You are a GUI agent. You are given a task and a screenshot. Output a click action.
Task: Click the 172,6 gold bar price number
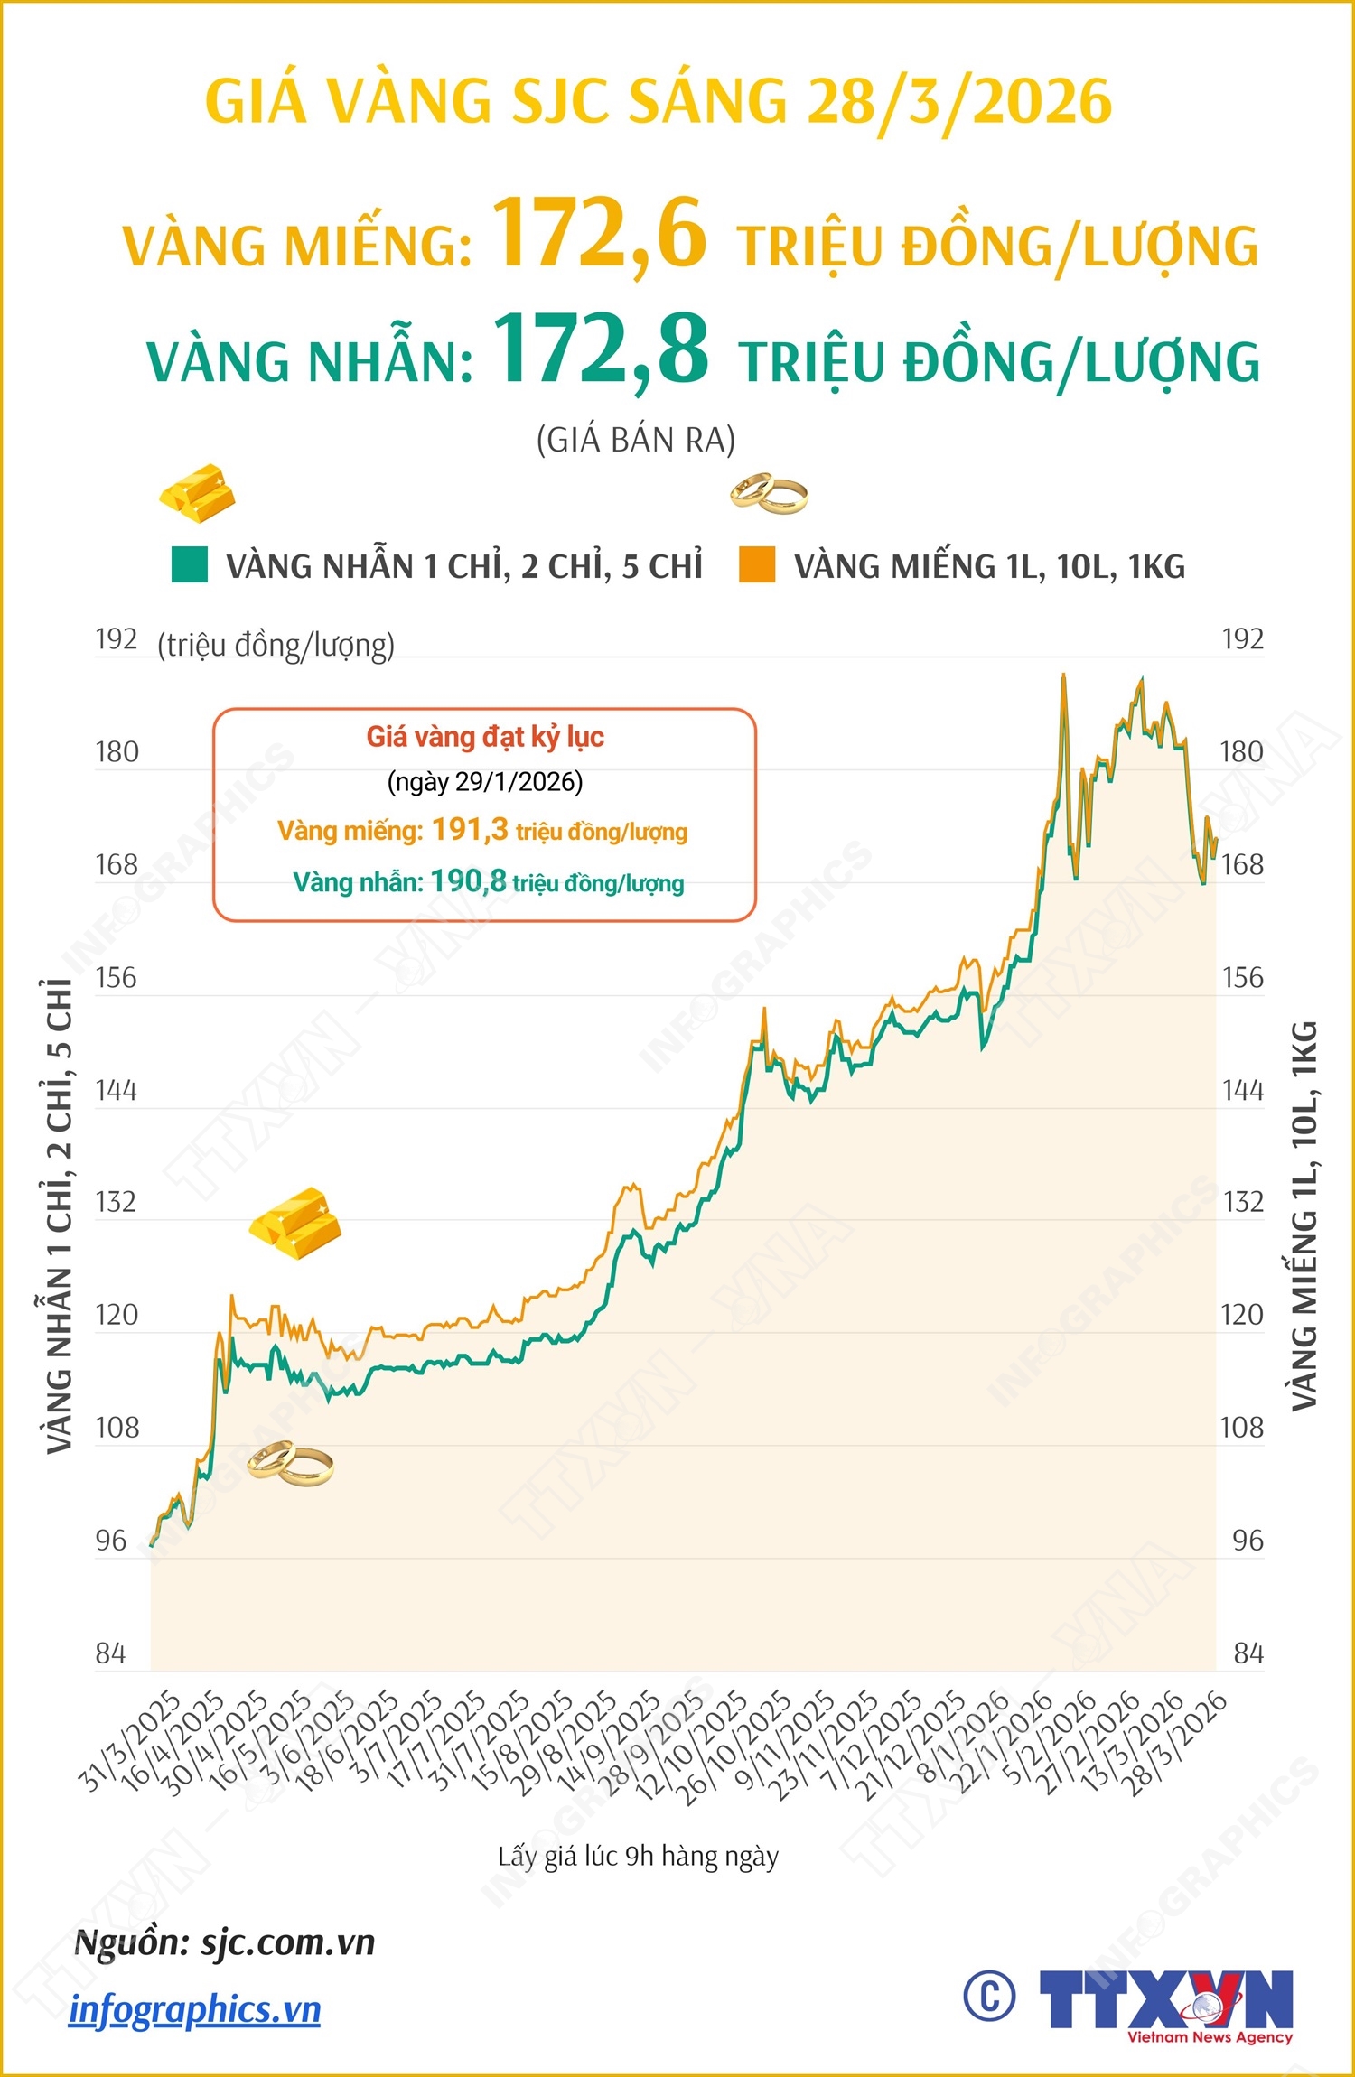598,234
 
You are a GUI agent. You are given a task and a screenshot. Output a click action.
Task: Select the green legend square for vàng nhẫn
190,564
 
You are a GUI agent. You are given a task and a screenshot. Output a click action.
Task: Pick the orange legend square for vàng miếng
757,564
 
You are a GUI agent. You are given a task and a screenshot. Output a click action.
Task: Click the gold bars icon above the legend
198,493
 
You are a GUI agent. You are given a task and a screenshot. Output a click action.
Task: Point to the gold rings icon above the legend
769,493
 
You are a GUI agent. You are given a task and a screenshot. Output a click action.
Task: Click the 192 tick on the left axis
117,639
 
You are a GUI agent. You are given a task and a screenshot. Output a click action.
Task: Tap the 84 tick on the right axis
1248,1653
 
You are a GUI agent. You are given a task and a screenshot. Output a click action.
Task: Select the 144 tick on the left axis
117,1091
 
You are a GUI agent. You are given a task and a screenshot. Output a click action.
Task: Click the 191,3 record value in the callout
470,829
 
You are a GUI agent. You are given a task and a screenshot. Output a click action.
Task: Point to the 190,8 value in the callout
468,880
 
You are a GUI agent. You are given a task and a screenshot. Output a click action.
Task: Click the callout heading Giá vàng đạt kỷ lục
485,737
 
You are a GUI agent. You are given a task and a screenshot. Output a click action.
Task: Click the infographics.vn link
195,2010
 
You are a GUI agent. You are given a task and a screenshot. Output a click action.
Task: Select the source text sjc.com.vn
287,1942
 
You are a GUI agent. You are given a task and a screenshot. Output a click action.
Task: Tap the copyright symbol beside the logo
989,1996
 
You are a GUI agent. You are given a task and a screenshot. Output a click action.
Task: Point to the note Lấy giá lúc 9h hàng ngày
638,1857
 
